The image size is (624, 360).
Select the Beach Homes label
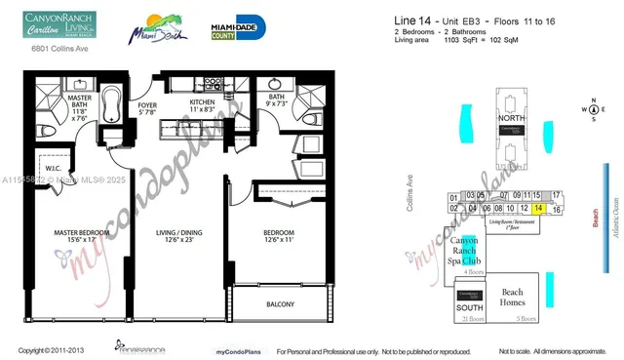(x=519, y=297)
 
